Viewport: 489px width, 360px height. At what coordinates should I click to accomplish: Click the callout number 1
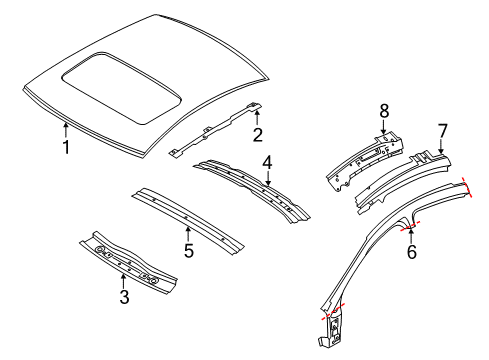(66, 150)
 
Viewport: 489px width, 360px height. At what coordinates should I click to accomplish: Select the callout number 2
(258, 136)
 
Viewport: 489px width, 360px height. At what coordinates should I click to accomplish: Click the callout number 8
(383, 109)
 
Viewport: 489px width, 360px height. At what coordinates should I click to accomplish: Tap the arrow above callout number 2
(257, 117)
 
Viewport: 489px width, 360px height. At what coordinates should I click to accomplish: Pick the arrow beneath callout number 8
(383, 127)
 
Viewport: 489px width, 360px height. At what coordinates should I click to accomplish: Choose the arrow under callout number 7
(441, 148)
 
